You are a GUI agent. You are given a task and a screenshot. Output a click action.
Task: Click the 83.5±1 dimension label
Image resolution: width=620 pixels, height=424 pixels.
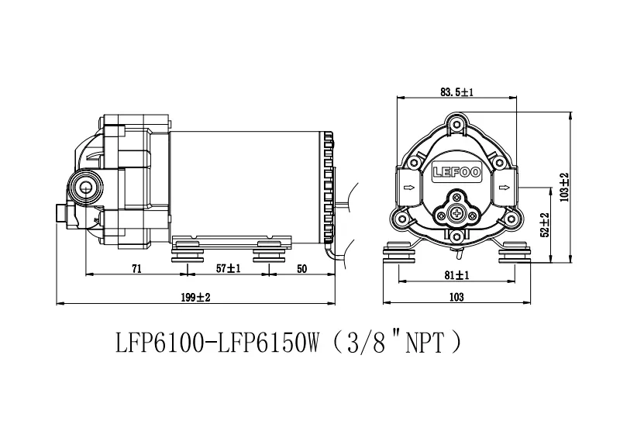point(456,92)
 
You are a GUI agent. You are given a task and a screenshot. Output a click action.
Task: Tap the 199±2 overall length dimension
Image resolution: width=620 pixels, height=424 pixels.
point(196,297)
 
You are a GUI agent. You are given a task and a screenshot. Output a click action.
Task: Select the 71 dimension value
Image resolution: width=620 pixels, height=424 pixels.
point(136,269)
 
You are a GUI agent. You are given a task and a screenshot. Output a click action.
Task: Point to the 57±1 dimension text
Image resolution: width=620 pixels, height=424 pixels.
point(229,268)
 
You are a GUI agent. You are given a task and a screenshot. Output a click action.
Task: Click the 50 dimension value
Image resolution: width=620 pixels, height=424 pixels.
point(301,269)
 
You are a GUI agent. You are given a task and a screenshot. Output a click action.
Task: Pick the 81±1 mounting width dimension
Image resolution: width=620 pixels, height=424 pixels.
point(456,275)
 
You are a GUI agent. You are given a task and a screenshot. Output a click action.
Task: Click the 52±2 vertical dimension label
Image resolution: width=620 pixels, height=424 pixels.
point(545,225)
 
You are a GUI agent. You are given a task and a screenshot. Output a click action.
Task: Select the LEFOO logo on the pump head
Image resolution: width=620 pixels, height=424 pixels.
point(457,172)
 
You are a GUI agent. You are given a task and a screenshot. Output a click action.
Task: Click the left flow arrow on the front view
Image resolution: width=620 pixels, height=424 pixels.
point(409,188)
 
